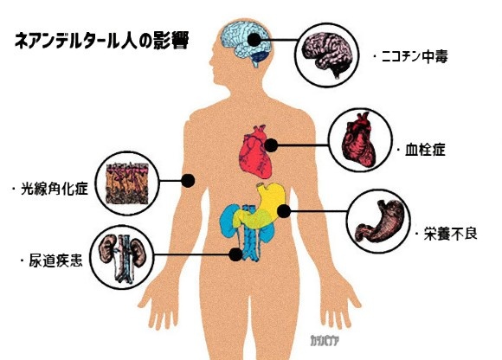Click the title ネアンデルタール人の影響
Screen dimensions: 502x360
tap(102, 41)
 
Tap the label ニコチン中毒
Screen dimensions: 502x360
tap(415, 57)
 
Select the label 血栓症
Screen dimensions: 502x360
tap(425, 150)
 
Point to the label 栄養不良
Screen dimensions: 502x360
tap(450, 234)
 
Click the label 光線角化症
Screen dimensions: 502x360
tap(55, 189)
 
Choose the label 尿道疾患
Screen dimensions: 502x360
tap(55, 260)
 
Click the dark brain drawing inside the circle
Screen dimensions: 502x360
tap(328, 55)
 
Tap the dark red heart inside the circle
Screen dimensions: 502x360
tap(358, 139)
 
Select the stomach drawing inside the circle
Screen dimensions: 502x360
tap(378, 222)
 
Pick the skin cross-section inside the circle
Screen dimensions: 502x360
tap(127, 183)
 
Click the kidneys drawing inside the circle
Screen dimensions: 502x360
tap(121, 258)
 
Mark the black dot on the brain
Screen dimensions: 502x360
tap(254, 40)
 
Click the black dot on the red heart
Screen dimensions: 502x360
tap(271, 145)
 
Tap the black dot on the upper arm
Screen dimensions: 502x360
tap(188, 181)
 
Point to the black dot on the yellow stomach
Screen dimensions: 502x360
tap(284, 211)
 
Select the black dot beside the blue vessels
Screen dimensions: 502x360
tap(236, 254)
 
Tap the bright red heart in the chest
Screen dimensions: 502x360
tap(255, 152)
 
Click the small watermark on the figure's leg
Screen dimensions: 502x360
tap(324, 341)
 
